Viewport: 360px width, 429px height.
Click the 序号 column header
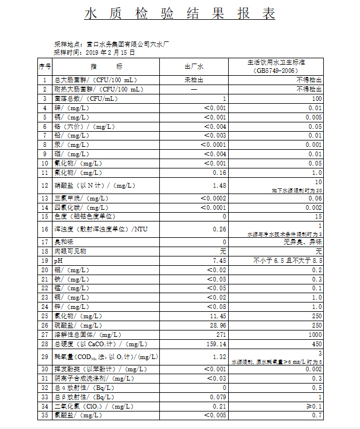pos(45,66)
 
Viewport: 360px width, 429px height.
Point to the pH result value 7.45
pos(219,261)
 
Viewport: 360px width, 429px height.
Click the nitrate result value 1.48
pos(219,186)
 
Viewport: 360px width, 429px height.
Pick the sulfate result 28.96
pos(216,325)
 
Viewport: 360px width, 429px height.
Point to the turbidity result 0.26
pos(219,229)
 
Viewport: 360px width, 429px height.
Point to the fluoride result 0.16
pos(219,173)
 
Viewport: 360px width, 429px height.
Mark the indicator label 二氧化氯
pos(66,406)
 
